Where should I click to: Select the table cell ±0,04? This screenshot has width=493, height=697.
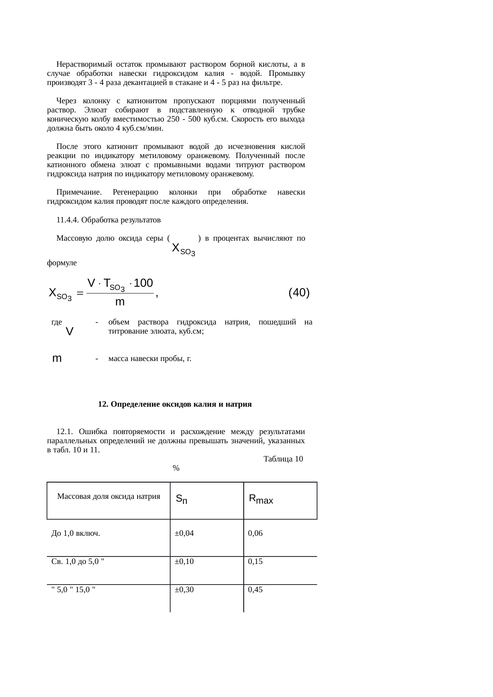point(184,533)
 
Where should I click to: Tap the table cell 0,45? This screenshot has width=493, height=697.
point(255,590)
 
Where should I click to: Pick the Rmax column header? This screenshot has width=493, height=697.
point(261,499)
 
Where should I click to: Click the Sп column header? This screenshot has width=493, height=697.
point(182,499)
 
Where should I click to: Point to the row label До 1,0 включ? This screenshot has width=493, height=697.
point(76,533)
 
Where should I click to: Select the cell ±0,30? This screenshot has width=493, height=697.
point(184,590)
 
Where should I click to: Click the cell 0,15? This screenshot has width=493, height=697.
point(255,562)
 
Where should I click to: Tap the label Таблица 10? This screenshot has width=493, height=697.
point(283,459)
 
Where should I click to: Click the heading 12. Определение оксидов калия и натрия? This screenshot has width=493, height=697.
point(175,404)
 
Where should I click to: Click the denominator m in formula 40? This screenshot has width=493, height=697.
point(120,302)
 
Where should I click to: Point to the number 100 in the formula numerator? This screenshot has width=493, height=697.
point(144,283)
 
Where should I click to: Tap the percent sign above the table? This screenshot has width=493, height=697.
point(176,468)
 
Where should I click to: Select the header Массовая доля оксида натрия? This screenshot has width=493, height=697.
point(109,496)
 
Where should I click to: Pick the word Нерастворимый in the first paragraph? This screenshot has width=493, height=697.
point(80,64)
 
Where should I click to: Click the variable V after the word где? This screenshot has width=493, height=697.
point(69,331)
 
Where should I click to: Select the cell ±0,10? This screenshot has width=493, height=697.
point(184,562)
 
